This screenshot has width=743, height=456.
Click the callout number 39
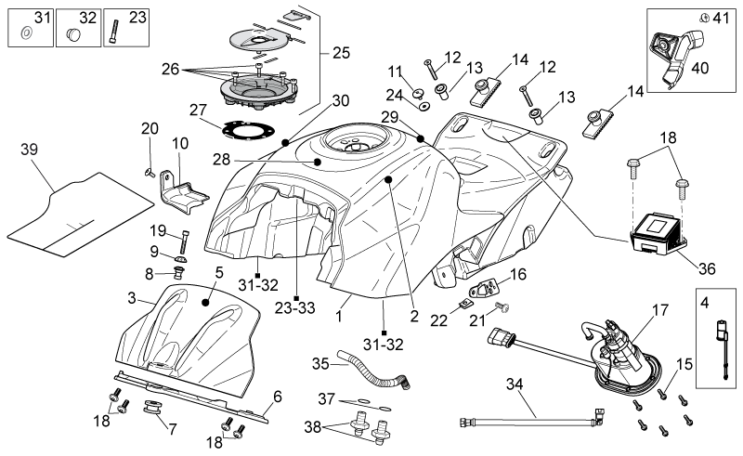[x=29, y=150]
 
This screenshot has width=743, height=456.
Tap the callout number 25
[x=341, y=53]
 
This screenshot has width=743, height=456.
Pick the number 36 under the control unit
[x=707, y=268]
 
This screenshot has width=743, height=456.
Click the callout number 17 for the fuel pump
[x=660, y=310]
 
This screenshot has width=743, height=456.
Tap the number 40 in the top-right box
[x=700, y=68]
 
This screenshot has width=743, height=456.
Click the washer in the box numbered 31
[x=27, y=33]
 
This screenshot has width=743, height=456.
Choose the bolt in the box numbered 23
[x=113, y=33]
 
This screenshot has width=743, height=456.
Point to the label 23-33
[x=294, y=308]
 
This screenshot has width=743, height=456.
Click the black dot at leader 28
[x=318, y=162]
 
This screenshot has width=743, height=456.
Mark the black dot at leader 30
[x=285, y=143]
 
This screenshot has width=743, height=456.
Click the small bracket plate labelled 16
[x=485, y=289]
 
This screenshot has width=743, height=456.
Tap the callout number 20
[x=150, y=128]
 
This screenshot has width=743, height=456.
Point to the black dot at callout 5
[x=205, y=302]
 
